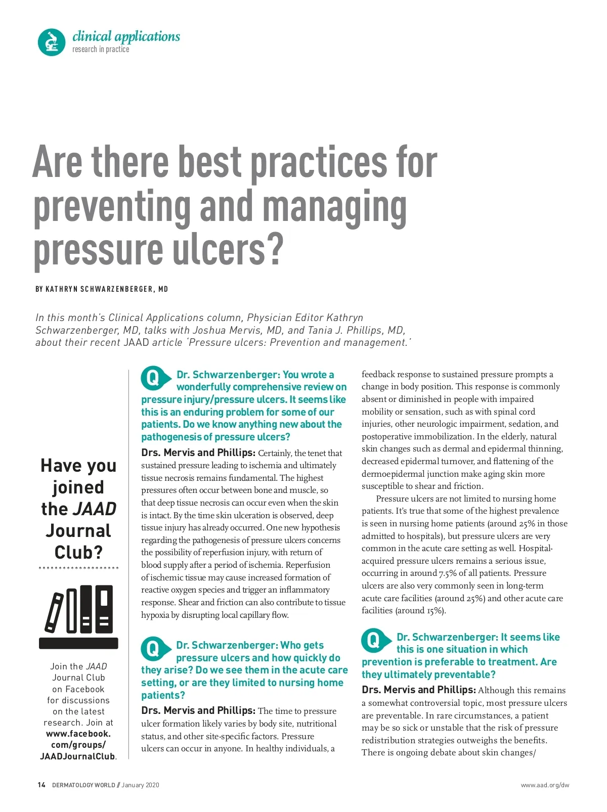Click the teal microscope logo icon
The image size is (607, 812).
[x=52, y=42]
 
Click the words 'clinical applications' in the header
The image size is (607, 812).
[x=126, y=36]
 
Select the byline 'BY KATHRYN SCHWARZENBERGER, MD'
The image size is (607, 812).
[x=102, y=289]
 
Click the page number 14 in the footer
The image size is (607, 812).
[x=41, y=785]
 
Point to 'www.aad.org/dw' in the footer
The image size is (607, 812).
[x=545, y=785]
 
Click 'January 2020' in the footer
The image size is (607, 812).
[x=140, y=785]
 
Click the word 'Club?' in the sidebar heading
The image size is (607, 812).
[x=78, y=552]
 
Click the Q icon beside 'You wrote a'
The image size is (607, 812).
[x=153, y=378]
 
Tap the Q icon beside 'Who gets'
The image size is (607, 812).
[x=153, y=649]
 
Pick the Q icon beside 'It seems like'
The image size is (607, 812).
[x=374, y=641]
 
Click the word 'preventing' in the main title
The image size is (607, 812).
[x=112, y=207]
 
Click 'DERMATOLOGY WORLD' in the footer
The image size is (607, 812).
[x=83, y=785]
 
